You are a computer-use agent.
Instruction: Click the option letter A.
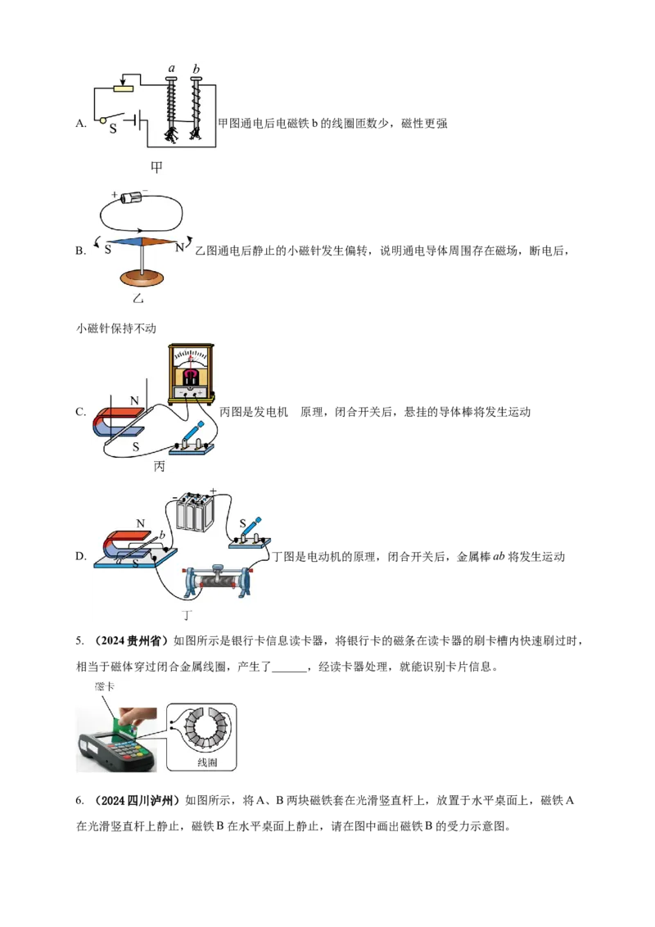(x=81, y=124)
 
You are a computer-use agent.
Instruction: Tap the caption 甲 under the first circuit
(x=156, y=167)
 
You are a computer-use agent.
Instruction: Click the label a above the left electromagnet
(x=171, y=69)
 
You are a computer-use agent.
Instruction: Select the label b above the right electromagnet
(x=196, y=69)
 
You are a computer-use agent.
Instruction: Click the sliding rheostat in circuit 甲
(x=124, y=88)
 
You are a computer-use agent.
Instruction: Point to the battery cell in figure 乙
(x=131, y=197)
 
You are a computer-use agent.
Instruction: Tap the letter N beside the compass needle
(x=179, y=248)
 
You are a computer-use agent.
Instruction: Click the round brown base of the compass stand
(x=142, y=277)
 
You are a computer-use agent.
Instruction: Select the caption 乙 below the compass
(x=138, y=299)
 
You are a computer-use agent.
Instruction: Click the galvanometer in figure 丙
(x=191, y=374)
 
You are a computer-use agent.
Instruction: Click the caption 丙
(x=159, y=467)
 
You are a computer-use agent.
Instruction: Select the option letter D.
(x=81, y=556)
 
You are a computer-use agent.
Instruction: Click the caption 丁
(x=187, y=615)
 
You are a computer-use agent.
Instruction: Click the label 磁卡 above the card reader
(x=105, y=686)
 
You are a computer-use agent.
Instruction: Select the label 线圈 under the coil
(x=207, y=762)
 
